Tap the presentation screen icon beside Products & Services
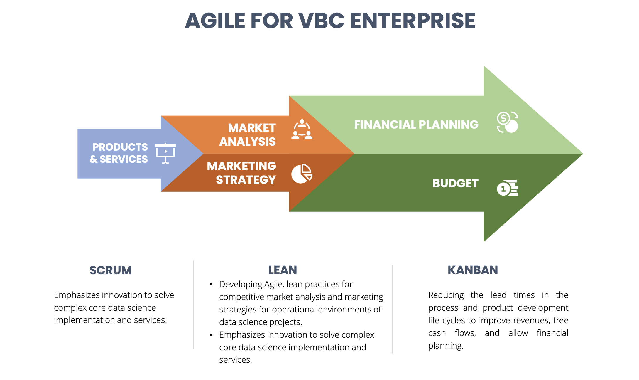[x=165, y=153]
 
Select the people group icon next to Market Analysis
[x=302, y=129]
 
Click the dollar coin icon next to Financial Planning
[x=508, y=122]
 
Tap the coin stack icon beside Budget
[x=508, y=188]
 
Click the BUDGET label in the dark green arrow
[x=455, y=183]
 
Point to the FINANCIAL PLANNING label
[x=416, y=125]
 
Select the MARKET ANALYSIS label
[x=248, y=134]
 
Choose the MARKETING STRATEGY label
[x=241, y=173]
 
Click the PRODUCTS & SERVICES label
[x=119, y=153]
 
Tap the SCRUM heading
[x=111, y=270]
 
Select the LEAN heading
[x=283, y=270]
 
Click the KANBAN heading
[x=473, y=270]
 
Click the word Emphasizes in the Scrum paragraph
[x=77, y=295]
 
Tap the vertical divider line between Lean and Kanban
[x=392, y=309]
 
